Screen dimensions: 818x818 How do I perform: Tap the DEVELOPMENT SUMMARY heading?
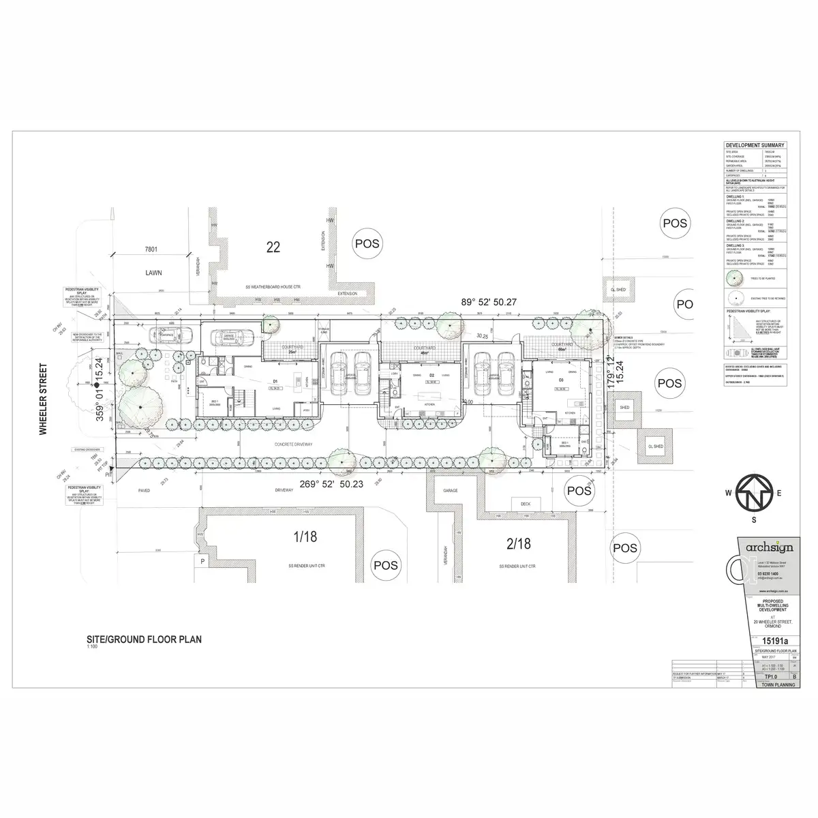[754, 145]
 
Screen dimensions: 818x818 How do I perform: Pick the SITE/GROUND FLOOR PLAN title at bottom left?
[143, 640]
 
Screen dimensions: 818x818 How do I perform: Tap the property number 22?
[273, 247]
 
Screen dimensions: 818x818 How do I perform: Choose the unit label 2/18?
[518, 543]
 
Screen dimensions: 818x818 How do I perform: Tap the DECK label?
[526, 504]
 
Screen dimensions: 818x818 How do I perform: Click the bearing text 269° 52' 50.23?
[332, 485]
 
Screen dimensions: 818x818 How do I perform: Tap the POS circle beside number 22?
[365, 243]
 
